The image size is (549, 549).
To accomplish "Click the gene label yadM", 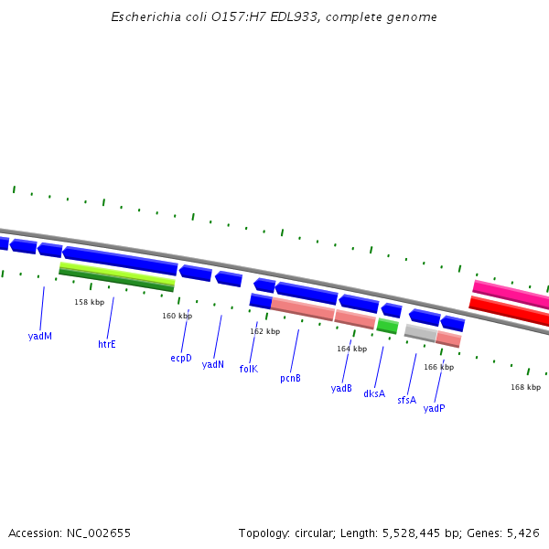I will (x=40, y=336).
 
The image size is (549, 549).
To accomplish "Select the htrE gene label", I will (x=107, y=345).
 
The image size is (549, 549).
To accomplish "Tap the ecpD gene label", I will (x=181, y=358).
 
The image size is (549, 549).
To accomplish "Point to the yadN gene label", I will (x=213, y=364).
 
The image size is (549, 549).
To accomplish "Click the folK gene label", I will (x=249, y=369).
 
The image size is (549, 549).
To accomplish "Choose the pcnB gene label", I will (x=291, y=378).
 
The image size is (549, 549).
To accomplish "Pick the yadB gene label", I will (x=341, y=388).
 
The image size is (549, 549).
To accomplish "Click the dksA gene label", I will (x=374, y=394).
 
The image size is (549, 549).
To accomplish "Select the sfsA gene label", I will (x=406, y=400).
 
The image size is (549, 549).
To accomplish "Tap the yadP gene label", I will (x=435, y=408).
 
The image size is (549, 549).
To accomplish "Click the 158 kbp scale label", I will (x=90, y=302).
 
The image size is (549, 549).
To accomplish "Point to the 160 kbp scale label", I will (x=178, y=316).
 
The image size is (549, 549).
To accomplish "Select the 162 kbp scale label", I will (x=265, y=331).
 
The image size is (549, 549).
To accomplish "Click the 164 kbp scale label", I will (x=351, y=349).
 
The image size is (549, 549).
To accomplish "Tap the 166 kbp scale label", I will (x=438, y=367).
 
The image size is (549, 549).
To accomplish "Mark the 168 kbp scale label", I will (x=525, y=387).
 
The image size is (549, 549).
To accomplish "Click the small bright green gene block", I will (x=387, y=326).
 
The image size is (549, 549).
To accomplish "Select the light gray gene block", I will (x=420, y=333).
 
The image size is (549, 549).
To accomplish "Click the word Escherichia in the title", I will (x=140, y=16).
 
